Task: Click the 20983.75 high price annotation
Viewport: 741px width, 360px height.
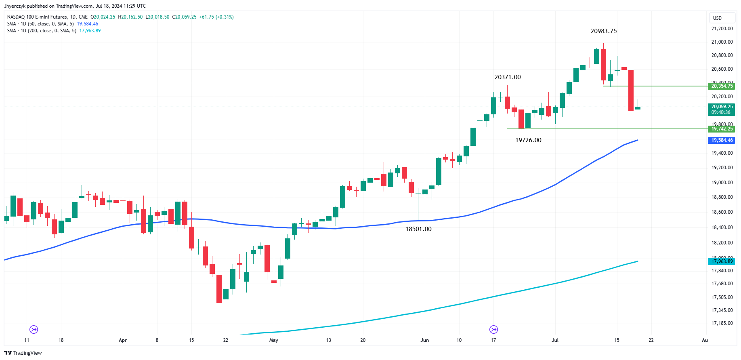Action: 603,31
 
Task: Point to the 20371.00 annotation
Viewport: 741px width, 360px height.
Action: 507,77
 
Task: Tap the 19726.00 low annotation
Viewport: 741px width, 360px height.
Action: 528,140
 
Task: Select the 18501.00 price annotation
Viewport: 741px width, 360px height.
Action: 418,229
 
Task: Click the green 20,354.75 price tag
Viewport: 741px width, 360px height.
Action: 722,86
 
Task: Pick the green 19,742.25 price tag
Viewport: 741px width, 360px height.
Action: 722,129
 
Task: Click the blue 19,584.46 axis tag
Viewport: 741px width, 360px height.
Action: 722,140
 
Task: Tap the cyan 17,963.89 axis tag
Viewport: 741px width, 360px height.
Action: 722,261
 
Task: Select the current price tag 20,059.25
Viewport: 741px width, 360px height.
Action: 722,107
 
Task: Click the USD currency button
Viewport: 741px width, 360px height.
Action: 717,18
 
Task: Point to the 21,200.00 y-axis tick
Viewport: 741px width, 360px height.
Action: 722,29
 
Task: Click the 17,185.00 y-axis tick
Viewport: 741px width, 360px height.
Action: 722,323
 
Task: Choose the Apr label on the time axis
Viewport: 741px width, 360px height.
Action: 123,340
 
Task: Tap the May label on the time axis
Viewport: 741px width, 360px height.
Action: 274,340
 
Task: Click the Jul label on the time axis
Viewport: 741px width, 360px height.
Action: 555,340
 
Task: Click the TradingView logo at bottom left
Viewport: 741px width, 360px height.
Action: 23,353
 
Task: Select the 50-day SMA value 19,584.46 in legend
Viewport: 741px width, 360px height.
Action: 88,24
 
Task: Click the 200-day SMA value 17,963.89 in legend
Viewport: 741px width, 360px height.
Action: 90,31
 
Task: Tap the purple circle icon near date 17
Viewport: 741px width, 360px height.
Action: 493,329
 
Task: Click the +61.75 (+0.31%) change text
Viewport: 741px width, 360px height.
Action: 216,17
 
